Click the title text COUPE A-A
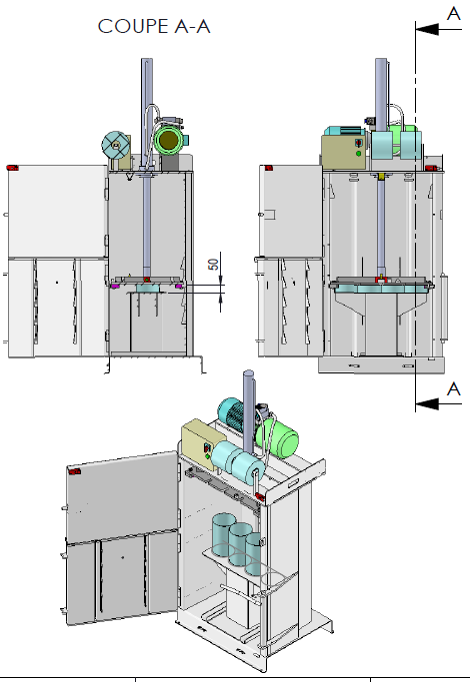[154, 27]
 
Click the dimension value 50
[213, 264]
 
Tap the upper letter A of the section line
[454, 14]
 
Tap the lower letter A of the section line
[454, 388]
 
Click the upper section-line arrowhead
[427, 29]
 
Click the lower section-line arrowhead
[427, 403]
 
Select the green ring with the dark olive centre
[169, 140]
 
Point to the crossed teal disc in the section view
[115, 146]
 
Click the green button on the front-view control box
[358, 154]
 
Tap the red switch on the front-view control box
[359, 143]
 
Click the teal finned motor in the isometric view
[235, 414]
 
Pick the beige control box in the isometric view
[202, 443]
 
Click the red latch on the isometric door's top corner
[74, 471]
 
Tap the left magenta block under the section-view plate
[115, 287]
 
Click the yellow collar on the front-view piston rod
[382, 176]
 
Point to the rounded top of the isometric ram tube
[248, 373]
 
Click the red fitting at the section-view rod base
[147, 280]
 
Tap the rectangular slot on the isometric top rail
[293, 482]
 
